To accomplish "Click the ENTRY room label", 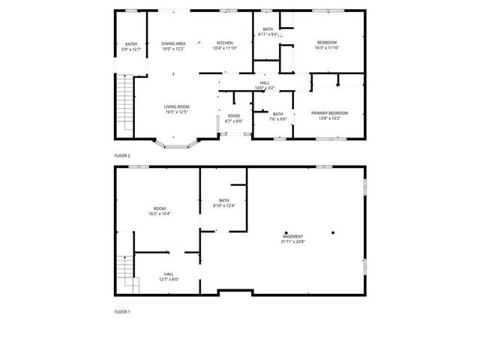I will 131,44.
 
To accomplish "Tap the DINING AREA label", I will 173,43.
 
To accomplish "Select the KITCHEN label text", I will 225,43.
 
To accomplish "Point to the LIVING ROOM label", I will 177,107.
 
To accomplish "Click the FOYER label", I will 234,115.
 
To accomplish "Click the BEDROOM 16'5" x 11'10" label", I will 326,42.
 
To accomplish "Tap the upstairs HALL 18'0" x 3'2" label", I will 265,82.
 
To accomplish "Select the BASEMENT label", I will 293,235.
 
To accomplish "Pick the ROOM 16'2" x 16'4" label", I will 159,208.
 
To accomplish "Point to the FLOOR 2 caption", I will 122,155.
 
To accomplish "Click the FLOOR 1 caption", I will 122,311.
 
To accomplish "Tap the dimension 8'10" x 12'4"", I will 224,205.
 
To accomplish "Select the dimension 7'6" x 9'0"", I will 277,118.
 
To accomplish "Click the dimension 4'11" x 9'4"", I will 268,34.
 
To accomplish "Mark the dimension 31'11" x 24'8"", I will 293,241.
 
